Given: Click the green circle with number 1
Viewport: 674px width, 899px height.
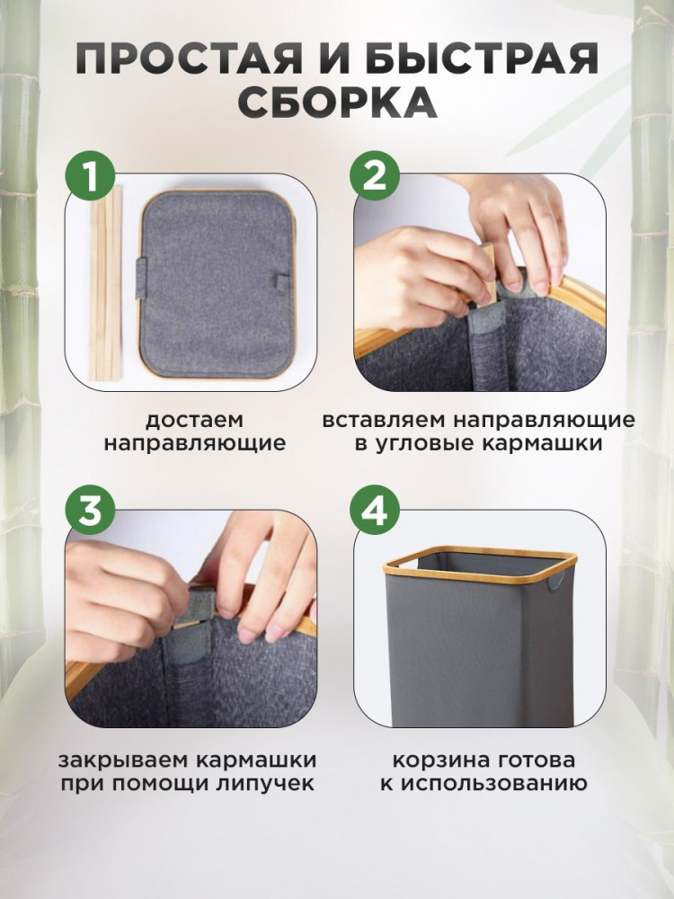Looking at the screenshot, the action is click(x=90, y=177).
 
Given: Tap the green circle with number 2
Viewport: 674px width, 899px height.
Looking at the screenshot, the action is click(x=375, y=177).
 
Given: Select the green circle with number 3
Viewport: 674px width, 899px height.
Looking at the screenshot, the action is click(x=90, y=512).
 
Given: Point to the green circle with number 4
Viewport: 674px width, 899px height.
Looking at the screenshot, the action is click(x=375, y=512).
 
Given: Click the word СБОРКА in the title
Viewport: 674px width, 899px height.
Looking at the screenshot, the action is click(x=337, y=103).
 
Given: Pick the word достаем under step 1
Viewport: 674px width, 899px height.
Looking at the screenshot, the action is click(x=194, y=420).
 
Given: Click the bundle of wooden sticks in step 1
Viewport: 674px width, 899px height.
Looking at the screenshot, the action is click(x=105, y=284).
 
